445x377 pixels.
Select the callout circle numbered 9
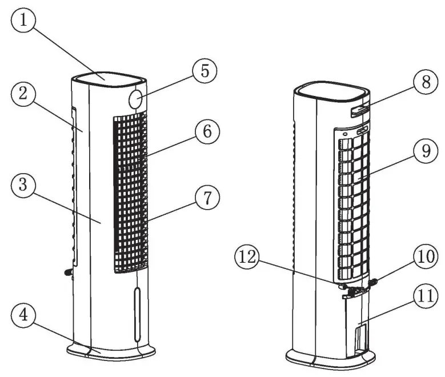(422, 151)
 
